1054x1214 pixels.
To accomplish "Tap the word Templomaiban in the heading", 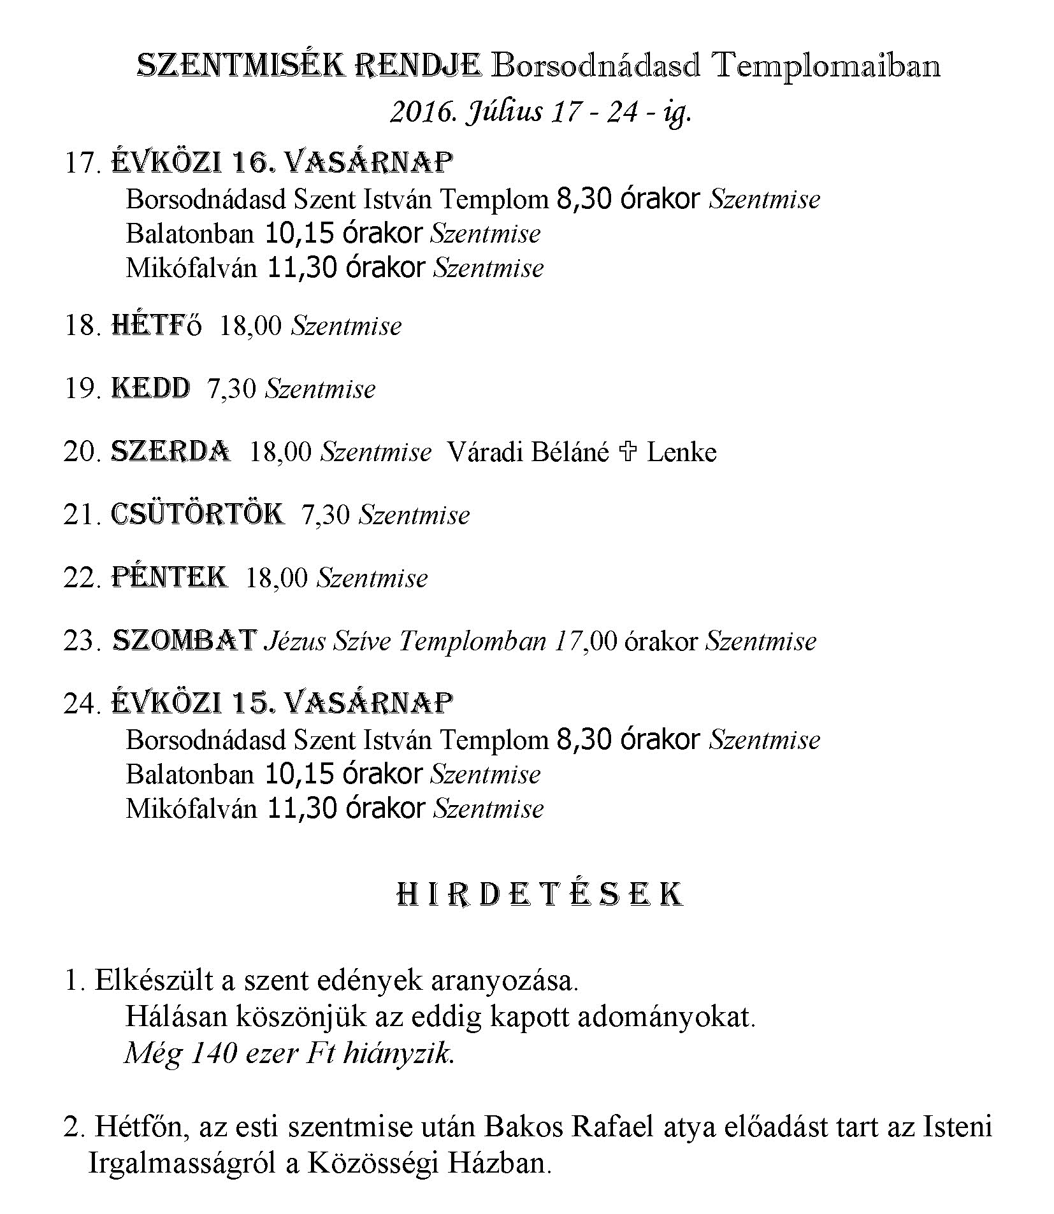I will click(x=826, y=66).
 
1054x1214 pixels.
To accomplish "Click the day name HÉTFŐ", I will click(x=157, y=325).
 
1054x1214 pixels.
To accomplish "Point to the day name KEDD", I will click(x=150, y=389).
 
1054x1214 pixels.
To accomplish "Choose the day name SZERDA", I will click(x=171, y=452).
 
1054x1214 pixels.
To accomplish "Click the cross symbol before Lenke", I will click(x=628, y=452).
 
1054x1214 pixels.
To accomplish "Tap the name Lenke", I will click(x=681, y=452).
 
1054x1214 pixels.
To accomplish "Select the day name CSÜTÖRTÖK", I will click(x=198, y=515).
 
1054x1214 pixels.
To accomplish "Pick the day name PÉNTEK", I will click(x=170, y=578).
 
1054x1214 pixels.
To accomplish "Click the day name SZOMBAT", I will click(x=184, y=640).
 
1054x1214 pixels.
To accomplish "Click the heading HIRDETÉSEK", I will click(x=539, y=895).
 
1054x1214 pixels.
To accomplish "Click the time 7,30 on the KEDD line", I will click(x=233, y=389).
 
